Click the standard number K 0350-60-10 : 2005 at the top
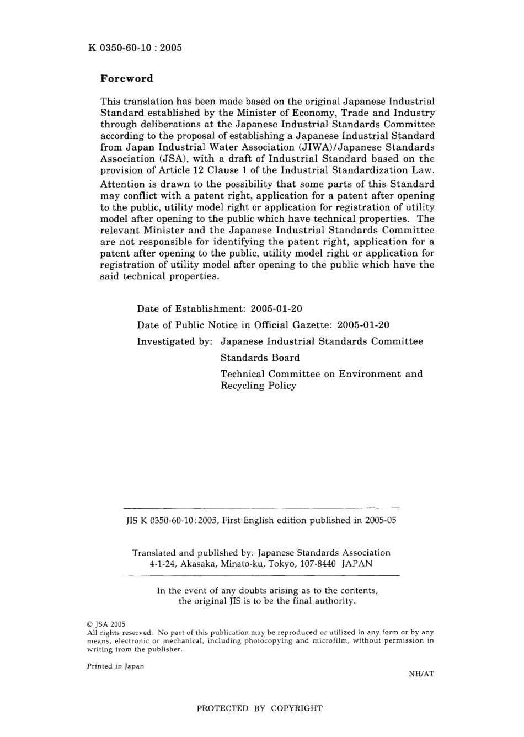click(x=135, y=47)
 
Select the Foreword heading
click(x=127, y=78)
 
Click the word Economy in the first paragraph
click(x=313, y=113)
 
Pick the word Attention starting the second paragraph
click(x=124, y=184)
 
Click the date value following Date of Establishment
click(x=276, y=309)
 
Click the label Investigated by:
click(x=175, y=341)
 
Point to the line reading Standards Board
click(x=260, y=357)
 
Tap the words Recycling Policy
click(x=258, y=386)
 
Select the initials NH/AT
click(x=421, y=674)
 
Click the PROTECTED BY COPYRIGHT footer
click(x=259, y=708)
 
